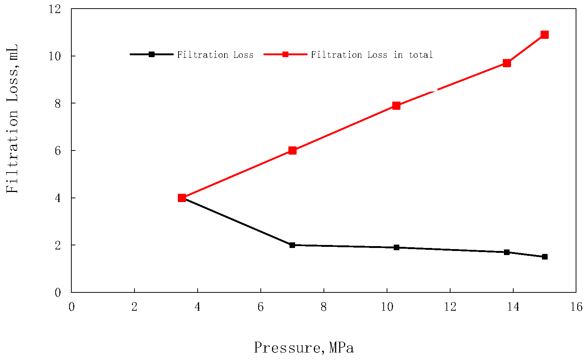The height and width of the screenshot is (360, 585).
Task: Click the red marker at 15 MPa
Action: [x=545, y=35]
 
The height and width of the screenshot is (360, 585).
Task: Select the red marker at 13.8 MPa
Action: [x=507, y=63]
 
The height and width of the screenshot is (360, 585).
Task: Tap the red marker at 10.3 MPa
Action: [x=396, y=106]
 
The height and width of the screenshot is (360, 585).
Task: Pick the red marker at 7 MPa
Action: [x=292, y=150]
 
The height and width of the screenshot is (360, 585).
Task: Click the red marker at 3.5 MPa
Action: [x=182, y=198]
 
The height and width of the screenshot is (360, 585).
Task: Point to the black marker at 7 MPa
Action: [x=292, y=245]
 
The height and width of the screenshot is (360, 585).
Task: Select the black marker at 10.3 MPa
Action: [x=396, y=247]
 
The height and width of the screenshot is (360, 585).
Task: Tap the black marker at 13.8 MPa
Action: [x=507, y=252]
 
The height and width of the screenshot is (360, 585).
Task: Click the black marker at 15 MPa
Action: [x=545, y=257]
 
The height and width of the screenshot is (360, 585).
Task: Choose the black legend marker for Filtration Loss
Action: [x=151, y=54]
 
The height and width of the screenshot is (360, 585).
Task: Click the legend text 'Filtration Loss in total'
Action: [x=372, y=55]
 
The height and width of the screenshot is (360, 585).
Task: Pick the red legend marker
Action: [x=285, y=54]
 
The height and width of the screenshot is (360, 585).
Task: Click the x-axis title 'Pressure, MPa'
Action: [x=304, y=348]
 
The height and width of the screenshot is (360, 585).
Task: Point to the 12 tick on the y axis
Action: [x=55, y=9]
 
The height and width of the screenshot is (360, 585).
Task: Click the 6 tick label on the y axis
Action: [x=58, y=150]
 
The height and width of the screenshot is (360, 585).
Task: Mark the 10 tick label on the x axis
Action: [x=387, y=307]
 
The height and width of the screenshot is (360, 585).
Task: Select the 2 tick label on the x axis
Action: [x=134, y=307]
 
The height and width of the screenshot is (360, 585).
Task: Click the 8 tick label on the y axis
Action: [x=58, y=103]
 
